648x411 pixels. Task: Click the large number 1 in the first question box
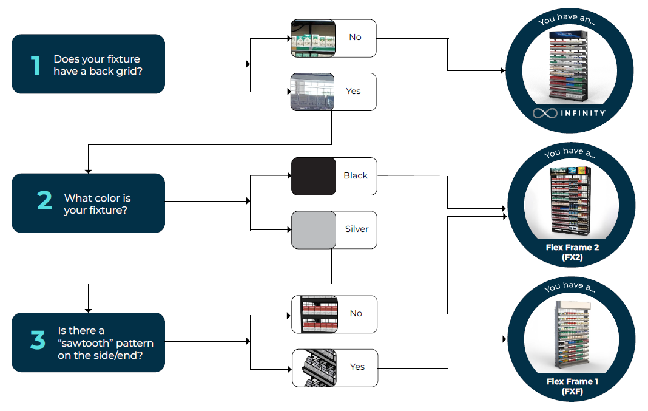36,64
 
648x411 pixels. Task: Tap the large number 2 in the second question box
44,201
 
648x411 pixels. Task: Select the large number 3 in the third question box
38,341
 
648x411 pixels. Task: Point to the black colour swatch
314,177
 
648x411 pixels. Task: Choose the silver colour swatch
314,230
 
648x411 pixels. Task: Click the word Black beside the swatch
356,176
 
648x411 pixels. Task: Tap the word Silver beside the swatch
357,229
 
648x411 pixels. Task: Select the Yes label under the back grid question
353,92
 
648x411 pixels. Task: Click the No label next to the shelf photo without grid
355,38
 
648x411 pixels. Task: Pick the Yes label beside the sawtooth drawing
357,367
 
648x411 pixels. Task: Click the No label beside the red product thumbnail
356,313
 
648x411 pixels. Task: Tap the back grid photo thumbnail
313,92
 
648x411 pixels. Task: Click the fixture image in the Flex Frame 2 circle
570,200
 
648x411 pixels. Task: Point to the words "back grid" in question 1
116,71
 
